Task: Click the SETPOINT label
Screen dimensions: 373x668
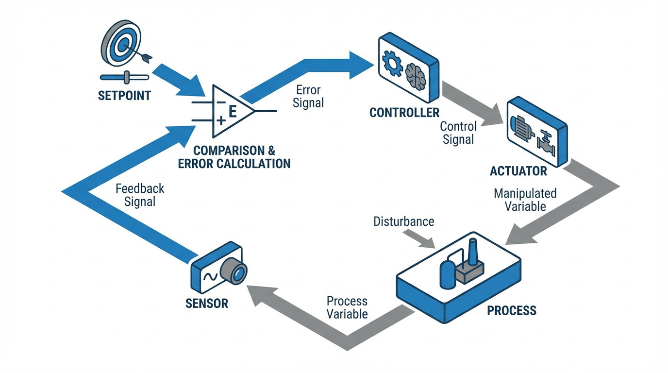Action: (124, 95)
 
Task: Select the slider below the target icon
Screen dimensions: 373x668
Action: (125, 77)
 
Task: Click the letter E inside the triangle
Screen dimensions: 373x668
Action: (232, 112)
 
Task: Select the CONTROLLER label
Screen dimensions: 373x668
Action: (404, 113)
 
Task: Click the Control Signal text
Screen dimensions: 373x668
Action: (458, 133)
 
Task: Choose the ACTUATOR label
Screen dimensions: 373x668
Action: (518, 171)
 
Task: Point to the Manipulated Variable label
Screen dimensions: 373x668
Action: (525, 200)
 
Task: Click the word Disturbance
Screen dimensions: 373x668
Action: (403, 221)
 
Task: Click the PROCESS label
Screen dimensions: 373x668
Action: (512, 310)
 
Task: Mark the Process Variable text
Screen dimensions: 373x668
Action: (347, 307)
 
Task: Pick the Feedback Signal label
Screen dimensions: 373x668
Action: (140, 195)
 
